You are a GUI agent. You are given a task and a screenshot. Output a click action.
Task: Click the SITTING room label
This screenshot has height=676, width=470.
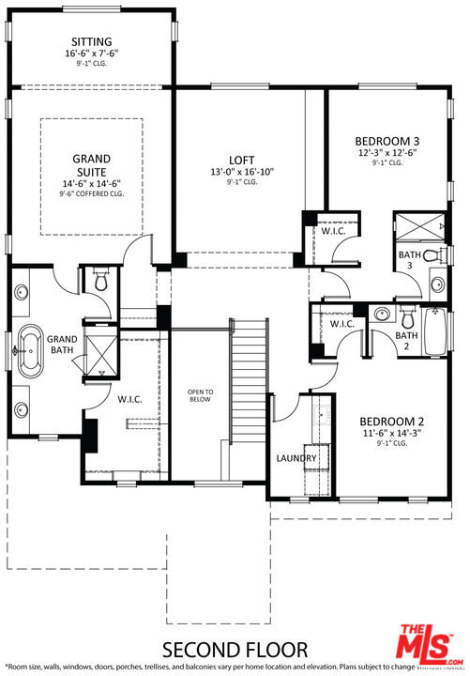[x=91, y=42]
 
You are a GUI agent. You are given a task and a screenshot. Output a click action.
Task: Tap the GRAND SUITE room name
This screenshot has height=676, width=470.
[x=92, y=165]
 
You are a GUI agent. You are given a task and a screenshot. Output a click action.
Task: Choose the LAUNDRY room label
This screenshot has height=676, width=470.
[x=296, y=458]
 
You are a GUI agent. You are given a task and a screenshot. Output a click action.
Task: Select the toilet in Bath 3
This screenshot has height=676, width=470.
[x=431, y=254]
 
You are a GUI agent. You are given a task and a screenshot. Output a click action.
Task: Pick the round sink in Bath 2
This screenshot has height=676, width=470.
[x=380, y=314]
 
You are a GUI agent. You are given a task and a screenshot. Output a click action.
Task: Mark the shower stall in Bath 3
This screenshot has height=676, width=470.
[x=418, y=226]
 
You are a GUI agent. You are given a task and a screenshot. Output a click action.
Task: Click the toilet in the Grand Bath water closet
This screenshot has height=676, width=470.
[x=100, y=278]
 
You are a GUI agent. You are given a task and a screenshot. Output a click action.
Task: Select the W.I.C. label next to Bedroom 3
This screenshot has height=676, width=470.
[x=333, y=232]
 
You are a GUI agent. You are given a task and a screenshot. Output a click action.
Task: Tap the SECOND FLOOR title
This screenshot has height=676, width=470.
[x=235, y=649]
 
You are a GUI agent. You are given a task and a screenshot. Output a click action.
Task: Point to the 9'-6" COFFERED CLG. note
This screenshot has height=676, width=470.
[x=92, y=194]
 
